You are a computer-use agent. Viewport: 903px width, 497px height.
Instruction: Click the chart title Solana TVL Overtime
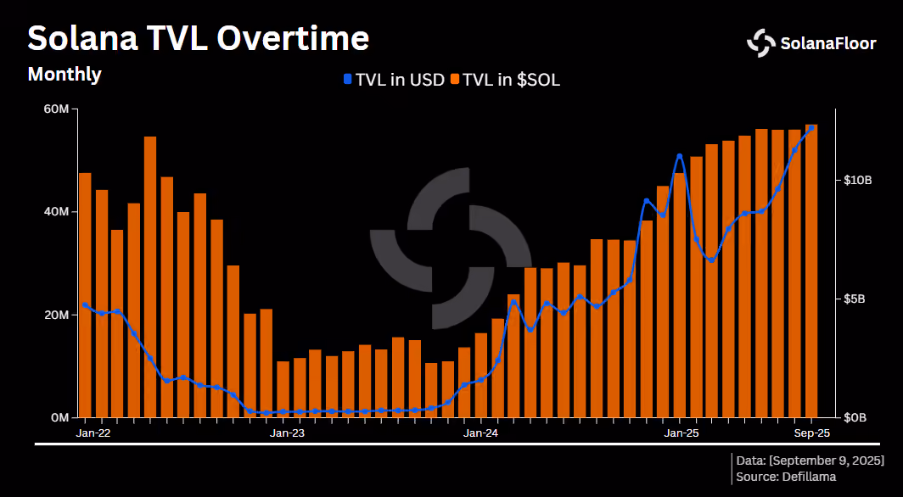(198, 38)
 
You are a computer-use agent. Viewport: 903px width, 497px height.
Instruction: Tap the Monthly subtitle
(64, 75)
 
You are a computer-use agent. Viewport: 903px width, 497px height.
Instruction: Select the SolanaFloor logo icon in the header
(761, 43)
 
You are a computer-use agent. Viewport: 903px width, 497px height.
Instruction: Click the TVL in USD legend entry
(394, 81)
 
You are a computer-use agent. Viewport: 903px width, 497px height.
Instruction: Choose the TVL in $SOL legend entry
(505, 81)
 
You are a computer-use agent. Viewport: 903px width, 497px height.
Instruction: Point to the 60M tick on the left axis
(57, 109)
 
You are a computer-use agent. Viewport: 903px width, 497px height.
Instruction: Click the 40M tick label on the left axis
(57, 212)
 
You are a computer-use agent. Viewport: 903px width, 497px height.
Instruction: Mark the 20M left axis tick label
(57, 316)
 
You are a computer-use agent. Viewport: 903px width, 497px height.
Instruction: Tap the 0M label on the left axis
(59, 417)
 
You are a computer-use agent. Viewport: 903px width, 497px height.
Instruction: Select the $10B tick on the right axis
(857, 181)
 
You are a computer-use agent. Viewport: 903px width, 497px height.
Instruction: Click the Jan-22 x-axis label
(93, 433)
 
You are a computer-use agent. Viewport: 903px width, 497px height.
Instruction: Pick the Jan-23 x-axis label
(288, 433)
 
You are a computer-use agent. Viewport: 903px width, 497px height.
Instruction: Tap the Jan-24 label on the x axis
(481, 433)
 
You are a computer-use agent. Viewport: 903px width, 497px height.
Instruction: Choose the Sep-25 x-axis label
(811, 433)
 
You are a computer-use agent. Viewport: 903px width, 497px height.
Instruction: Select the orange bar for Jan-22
(85, 295)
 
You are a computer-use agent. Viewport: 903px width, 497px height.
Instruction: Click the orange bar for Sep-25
(811, 271)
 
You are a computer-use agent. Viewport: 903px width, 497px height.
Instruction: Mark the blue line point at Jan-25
(680, 156)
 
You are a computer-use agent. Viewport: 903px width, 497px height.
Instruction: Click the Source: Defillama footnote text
(786, 477)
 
